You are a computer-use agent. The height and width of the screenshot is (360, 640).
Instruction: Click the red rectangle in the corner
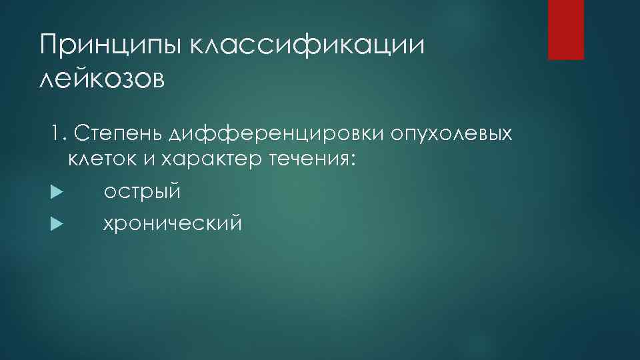pos(565,29)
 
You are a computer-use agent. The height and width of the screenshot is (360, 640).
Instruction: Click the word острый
pos(142,192)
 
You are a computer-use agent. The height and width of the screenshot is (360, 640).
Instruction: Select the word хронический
pos(172,223)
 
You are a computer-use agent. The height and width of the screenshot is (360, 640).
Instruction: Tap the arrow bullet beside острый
pos(55,192)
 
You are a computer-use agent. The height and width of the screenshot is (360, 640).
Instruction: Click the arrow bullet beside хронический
pos(55,223)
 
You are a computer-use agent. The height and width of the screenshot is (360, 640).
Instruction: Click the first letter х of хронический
pos(109,223)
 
